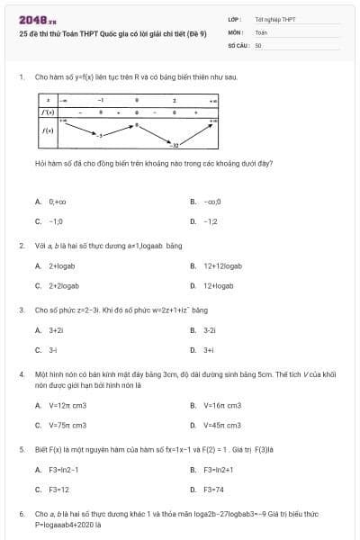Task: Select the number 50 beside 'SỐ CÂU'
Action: pyautogui.click(x=258, y=44)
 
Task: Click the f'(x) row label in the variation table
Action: pyautogui.click(x=48, y=112)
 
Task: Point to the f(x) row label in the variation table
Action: pyautogui.click(x=48, y=131)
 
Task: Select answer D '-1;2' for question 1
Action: pyautogui.click(x=211, y=220)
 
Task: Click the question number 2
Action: pyautogui.click(x=22, y=245)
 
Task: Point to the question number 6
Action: pyautogui.click(x=22, y=514)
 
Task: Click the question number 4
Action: pyautogui.click(x=22, y=373)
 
